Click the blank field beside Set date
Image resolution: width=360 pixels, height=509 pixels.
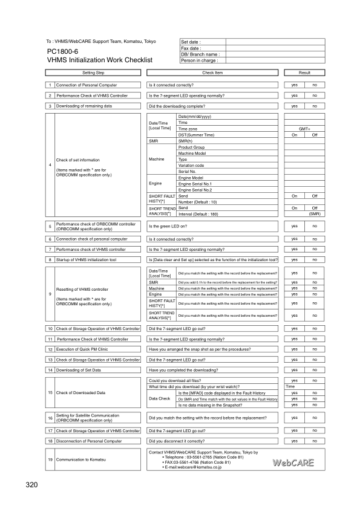pos(275,42)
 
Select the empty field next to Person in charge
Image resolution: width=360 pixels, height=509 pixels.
pos(275,60)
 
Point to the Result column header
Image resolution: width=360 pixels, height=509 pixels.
pos(304,73)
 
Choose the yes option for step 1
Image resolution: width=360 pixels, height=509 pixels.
pos(294,85)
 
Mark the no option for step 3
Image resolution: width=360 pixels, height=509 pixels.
pos(315,106)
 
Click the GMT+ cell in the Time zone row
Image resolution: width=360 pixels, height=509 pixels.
pos(304,129)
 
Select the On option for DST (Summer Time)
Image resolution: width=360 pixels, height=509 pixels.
pos(294,135)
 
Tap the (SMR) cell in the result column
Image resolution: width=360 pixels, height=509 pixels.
pos(315,214)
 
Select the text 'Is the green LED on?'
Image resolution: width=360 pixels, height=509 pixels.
pos(171,226)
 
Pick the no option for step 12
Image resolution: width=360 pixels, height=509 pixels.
pos(315,349)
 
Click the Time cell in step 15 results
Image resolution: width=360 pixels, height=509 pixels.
pos(291,386)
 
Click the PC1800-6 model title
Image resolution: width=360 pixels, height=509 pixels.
pos(63,51)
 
